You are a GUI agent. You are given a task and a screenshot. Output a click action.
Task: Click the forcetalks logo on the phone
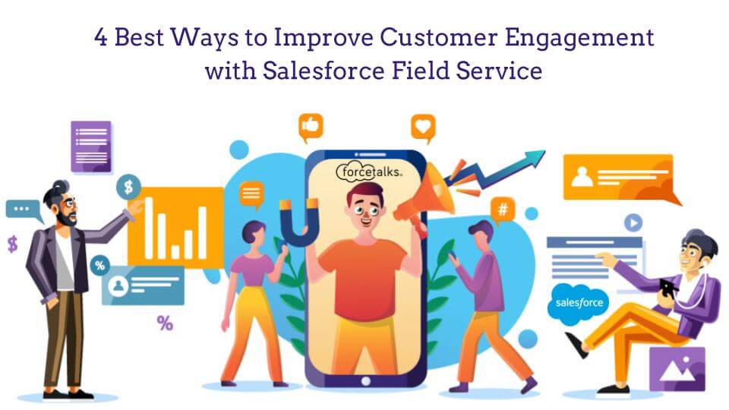point(369,172)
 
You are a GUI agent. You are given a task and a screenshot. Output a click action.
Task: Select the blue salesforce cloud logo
point(579,303)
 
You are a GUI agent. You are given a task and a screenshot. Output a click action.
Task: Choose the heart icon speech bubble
point(423,126)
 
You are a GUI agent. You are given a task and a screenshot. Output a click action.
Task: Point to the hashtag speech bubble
point(502,209)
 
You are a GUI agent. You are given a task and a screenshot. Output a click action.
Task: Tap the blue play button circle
point(633,222)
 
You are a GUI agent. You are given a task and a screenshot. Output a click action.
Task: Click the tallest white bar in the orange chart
point(149,227)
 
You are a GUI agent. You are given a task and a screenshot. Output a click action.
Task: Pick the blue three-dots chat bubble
point(23,210)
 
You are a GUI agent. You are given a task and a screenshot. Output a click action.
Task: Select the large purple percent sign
point(165,323)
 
